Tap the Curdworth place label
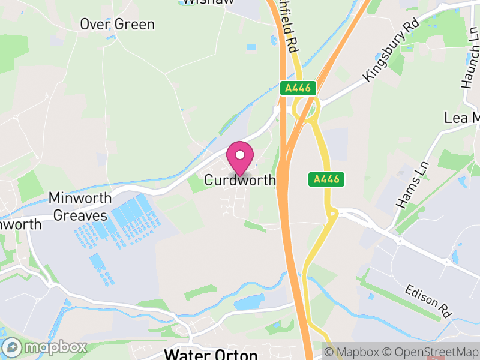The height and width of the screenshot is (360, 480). tap(240, 180)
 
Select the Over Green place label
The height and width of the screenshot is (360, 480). tap(118, 25)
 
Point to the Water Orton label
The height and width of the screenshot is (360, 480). tap(211, 354)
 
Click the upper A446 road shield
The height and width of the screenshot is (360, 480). tap(298, 88)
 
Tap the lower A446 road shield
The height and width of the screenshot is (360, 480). tap(328, 179)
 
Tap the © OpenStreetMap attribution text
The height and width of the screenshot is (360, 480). tap(430, 352)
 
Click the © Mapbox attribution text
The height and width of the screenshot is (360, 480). tap(352, 352)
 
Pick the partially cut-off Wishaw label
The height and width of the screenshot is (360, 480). tap(208, 2)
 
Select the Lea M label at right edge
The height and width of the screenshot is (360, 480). tap(462, 118)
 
